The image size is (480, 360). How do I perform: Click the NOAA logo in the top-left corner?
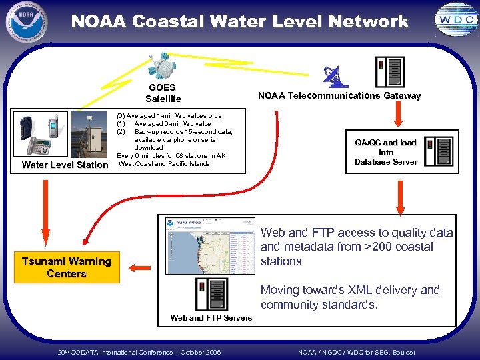(x=26, y=23)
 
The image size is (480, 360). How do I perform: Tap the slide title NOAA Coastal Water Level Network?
(x=239, y=21)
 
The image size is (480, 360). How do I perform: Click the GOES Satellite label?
(x=163, y=93)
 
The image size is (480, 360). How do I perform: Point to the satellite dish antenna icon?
(x=333, y=76)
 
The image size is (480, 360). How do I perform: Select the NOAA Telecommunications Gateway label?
(x=339, y=96)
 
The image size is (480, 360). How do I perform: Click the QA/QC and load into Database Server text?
(x=385, y=152)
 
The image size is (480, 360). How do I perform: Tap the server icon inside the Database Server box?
(x=439, y=152)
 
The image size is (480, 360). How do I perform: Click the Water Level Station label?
(x=65, y=165)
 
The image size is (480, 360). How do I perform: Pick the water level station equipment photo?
(x=64, y=136)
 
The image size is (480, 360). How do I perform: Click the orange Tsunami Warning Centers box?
(x=67, y=267)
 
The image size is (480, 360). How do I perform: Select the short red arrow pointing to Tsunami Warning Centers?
(x=140, y=268)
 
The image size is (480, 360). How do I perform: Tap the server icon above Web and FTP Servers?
(x=211, y=293)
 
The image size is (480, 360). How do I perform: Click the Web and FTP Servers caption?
(x=211, y=318)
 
